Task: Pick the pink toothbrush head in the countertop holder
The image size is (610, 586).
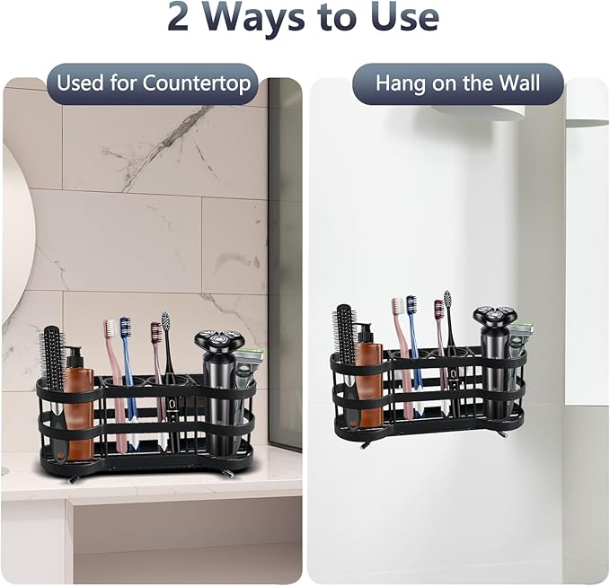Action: pyautogui.click(x=110, y=331)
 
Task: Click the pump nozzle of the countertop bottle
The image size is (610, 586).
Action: pyautogui.click(x=75, y=354)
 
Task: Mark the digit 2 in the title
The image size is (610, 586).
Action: pyautogui.click(x=180, y=17)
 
